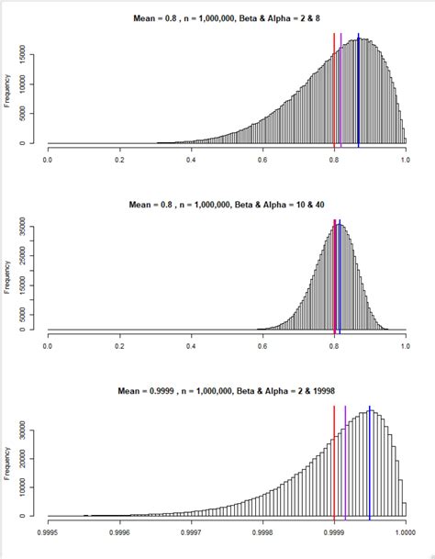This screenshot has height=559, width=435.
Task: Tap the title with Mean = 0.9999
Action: point(226,391)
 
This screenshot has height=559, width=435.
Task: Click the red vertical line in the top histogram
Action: point(334,92)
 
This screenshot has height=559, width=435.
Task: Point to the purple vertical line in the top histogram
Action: point(341,92)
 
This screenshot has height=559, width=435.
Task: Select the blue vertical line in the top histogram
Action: point(359,92)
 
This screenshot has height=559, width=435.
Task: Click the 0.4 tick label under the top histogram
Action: point(191,159)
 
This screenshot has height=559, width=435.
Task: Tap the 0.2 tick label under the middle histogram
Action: point(119,345)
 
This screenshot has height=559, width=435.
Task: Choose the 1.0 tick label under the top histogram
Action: point(406,159)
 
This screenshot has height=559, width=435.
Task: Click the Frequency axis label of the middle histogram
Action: point(9,276)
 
